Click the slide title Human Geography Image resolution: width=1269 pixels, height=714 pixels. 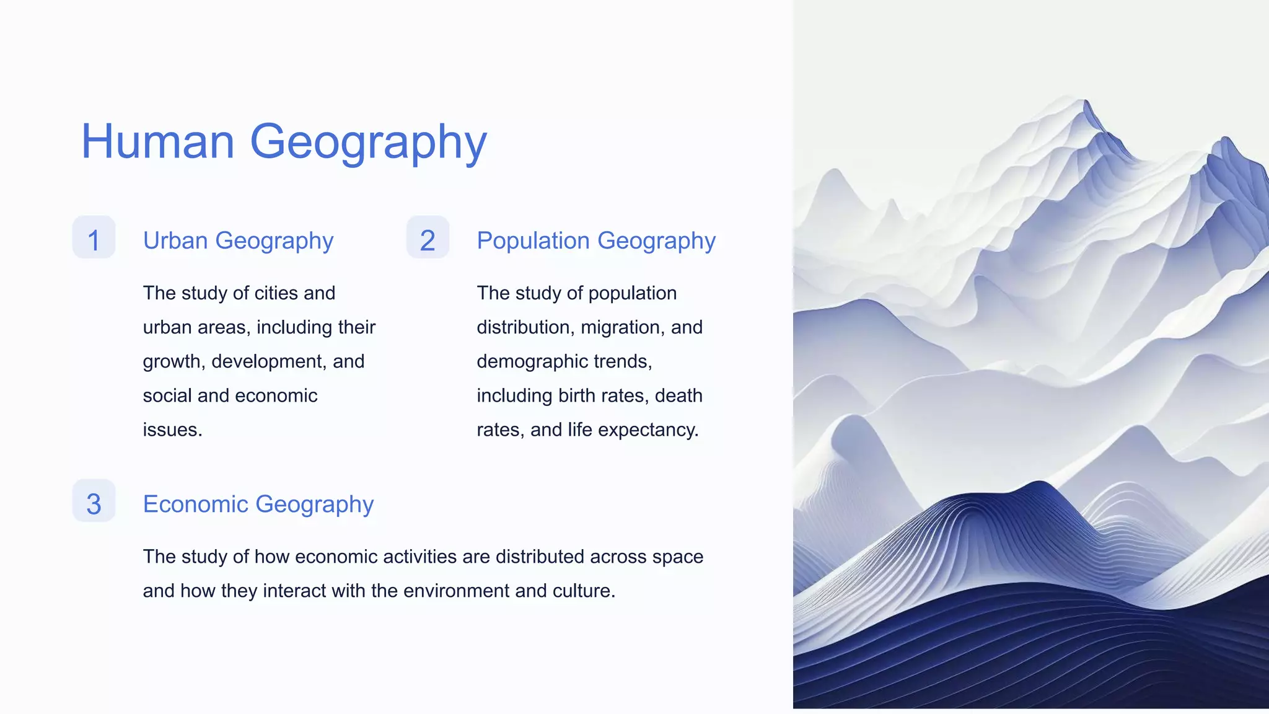(284, 142)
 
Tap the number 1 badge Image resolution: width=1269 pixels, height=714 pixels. (94, 239)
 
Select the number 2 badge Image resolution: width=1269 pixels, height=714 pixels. (428, 239)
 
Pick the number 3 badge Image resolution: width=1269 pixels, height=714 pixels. (94, 502)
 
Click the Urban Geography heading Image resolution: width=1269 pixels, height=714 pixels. (238, 240)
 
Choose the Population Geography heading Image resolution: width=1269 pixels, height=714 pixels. (595, 240)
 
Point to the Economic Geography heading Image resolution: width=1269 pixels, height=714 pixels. (258, 504)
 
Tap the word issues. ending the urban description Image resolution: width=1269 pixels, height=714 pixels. (172, 430)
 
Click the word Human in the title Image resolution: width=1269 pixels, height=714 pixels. (157, 142)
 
